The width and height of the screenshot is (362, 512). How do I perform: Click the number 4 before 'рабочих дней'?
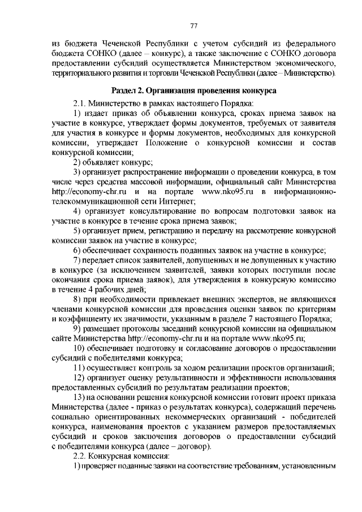(97, 289)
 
